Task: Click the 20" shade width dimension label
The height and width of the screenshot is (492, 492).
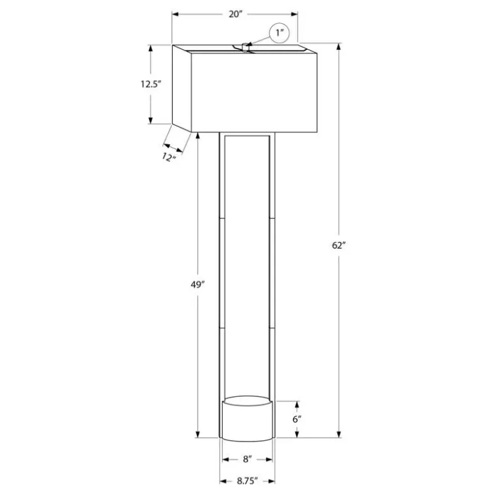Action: [235, 14]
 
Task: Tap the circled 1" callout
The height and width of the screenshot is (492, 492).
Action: [279, 33]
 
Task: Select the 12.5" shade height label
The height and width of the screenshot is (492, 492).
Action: [151, 84]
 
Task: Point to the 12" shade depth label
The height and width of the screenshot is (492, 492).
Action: [168, 157]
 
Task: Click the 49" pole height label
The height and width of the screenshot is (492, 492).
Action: [197, 285]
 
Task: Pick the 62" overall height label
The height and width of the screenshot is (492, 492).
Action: [338, 245]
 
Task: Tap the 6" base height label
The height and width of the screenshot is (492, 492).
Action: [297, 420]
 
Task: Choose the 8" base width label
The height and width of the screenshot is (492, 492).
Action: [247, 459]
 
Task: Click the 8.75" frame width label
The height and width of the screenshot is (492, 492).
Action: [247, 481]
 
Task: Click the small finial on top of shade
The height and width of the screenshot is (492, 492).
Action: [245, 47]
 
